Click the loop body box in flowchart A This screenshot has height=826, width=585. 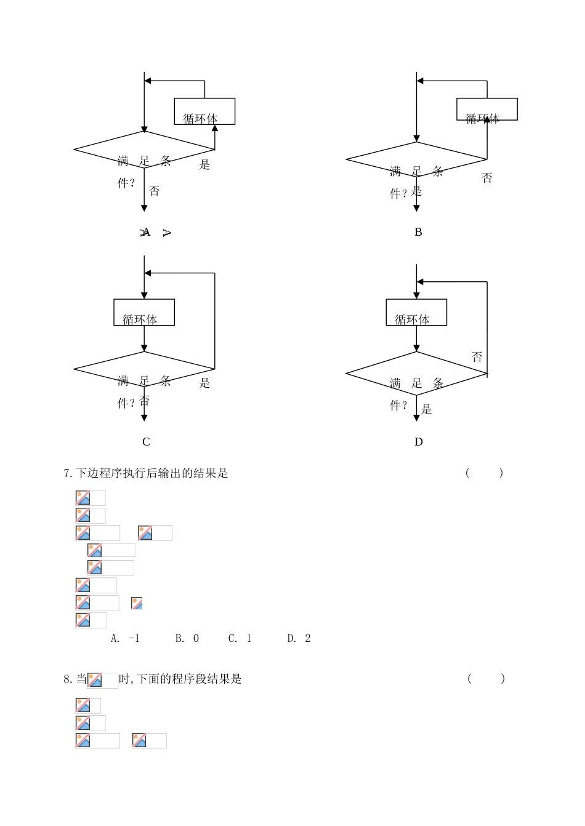pyautogui.click(x=204, y=111)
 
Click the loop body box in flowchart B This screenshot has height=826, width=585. pyautogui.click(x=486, y=109)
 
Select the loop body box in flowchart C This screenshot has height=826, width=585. pyautogui.click(x=144, y=312)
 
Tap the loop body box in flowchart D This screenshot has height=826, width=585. pyautogui.click(x=416, y=312)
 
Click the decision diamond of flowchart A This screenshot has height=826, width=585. pyautogui.click(x=144, y=149)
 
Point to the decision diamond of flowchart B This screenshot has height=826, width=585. pyautogui.click(x=416, y=159)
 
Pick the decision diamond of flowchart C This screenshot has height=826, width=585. pyautogui.click(x=144, y=369)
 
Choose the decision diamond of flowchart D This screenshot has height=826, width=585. pyautogui.click(x=416, y=374)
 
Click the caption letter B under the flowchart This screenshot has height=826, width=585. pyautogui.click(x=418, y=232)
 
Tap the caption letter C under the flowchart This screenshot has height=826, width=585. pyautogui.click(x=146, y=441)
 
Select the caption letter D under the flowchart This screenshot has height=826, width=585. pyautogui.click(x=419, y=441)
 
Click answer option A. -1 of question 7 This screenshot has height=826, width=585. pyautogui.click(x=125, y=638)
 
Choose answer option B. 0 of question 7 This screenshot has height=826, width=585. pyautogui.click(x=187, y=638)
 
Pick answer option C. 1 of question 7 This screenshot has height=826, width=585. pyautogui.click(x=240, y=638)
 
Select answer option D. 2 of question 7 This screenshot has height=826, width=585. pyautogui.click(x=299, y=638)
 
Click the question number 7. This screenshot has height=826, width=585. pyautogui.click(x=67, y=473)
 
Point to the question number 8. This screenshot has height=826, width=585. pyautogui.click(x=67, y=679)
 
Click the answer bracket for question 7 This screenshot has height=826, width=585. pyautogui.click(x=485, y=473)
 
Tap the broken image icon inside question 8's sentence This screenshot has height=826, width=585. pyautogui.click(x=95, y=680)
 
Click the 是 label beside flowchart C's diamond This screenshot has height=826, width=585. pyautogui.click(x=205, y=383)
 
